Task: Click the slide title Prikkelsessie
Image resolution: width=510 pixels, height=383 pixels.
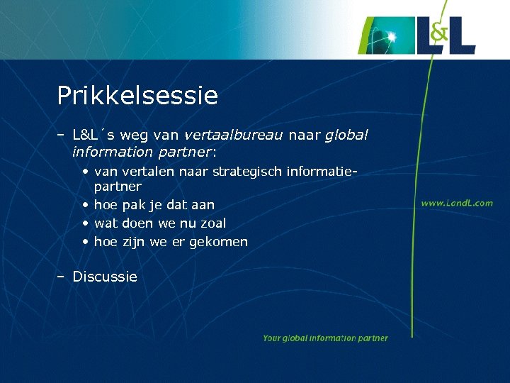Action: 137,96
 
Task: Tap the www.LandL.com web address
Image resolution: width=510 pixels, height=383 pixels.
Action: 457,203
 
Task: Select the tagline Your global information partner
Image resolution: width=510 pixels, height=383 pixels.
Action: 325,338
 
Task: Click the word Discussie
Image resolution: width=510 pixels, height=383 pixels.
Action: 105,277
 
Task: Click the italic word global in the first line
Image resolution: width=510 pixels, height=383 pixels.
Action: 346,134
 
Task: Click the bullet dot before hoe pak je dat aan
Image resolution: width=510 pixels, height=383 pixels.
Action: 85,205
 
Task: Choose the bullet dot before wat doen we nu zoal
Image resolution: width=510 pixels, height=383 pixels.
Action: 85,223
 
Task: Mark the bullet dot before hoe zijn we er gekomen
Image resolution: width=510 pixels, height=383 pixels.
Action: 85,242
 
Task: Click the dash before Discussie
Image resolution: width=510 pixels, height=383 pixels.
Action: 61,277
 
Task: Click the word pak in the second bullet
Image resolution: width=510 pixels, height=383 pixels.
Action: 133,205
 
